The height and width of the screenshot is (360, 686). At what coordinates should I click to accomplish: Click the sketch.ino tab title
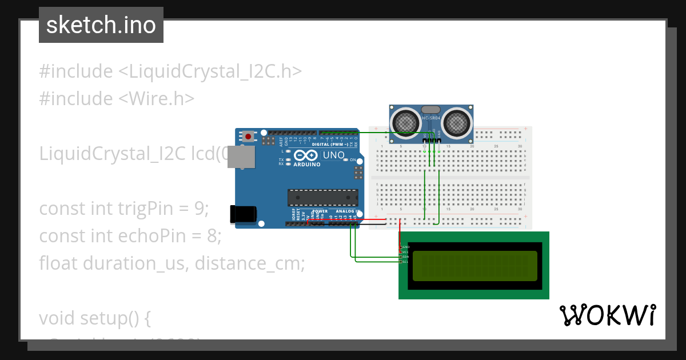click(x=101, y=25)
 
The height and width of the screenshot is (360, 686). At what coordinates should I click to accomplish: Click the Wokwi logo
click(x=607, y=315)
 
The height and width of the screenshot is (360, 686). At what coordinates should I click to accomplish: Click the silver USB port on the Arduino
click(x=241, y=157)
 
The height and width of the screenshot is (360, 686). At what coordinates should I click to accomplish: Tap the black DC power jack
click(x=242, y=213)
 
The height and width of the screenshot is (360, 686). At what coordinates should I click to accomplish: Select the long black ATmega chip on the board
click(x=322, y=198)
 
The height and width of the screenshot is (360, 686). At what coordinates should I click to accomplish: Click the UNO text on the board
click(x=334, y=155)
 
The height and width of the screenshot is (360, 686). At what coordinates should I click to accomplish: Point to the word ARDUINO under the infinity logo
click(x=306, y=163)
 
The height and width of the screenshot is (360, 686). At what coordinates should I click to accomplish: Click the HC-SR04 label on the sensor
click(x=431, y=118)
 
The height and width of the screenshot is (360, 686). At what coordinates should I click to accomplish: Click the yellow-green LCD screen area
click(x=474, y=266)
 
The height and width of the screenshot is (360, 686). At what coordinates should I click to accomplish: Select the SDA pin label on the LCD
click(x=405, y=257)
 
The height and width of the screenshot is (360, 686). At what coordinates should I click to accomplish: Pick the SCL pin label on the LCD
click(x=405, y=262)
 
